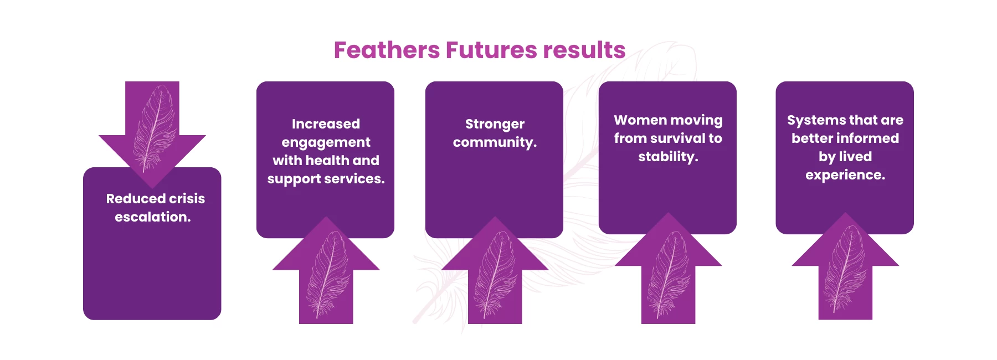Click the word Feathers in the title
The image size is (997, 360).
point(386,50)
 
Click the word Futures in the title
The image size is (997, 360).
point(491,50)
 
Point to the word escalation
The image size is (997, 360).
point(152,217)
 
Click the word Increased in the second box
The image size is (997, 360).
point(326,124)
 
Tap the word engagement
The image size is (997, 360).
point(326,143)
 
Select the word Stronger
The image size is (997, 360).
point(495,124)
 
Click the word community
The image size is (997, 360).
point(495,142)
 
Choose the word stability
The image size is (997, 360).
point(668,157)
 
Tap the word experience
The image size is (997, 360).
point(845,176)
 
